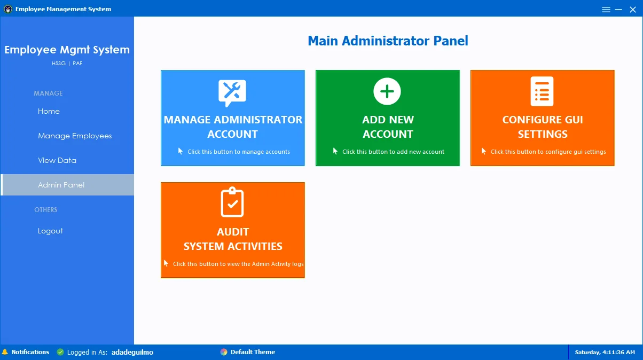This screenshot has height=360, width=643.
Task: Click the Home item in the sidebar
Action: point(49,111)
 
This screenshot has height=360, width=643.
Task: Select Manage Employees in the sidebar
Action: point(75,136)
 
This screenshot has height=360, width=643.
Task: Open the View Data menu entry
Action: point(57,160)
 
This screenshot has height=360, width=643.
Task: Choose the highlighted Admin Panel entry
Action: point(61,185)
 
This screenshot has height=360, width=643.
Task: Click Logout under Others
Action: point(50,231)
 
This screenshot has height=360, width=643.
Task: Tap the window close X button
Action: point(633,10)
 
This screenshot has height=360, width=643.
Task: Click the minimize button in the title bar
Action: point(618,10)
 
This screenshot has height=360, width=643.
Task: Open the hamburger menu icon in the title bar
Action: point(606,10)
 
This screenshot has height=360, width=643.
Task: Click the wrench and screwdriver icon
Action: point(232,93)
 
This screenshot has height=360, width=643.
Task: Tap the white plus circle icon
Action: point(387,91)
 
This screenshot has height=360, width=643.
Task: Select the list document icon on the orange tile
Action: point(542,91)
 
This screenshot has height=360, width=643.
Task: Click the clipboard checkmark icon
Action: point(232,202)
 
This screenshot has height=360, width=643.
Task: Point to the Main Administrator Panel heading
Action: point(388,41)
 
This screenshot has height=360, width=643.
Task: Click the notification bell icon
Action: point(5,352)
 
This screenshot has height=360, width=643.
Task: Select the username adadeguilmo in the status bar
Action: point(132,352)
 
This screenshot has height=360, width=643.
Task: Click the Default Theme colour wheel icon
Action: point(224,352)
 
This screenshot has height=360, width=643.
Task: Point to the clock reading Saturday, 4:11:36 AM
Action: point(605,352)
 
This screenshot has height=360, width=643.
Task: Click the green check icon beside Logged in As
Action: point(60,352)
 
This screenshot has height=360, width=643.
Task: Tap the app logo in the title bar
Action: point(8,9)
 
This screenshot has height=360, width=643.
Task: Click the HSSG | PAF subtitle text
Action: point(67,64)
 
